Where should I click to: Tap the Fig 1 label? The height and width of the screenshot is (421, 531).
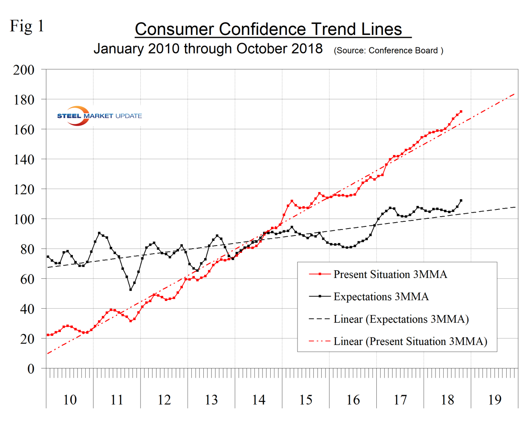click(27, 26)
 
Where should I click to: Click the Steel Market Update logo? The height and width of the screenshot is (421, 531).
click(99, 116)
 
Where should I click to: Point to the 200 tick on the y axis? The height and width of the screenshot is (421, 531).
click(24, 70)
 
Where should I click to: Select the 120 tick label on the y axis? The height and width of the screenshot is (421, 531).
click(24, 189)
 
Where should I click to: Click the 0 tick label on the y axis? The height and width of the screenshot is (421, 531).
click(31, 369)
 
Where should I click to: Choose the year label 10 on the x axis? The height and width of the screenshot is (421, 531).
click(70, 400)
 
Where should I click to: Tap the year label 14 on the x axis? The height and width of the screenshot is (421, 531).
click(258, 400)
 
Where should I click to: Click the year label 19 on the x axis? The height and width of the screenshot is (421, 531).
click(494, 400)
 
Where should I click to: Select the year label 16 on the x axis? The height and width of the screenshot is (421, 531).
click(353, 400)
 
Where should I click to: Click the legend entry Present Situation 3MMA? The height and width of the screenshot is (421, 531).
click(390, 275)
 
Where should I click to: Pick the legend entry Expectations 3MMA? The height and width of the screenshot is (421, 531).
click(381, 297)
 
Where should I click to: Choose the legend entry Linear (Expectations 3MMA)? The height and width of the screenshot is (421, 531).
click(401, 319)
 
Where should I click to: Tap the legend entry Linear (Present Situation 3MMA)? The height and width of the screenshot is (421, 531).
click(410, 341)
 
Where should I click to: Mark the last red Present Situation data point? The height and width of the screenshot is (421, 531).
click(461, 112)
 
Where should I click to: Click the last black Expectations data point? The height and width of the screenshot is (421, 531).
click(461, 200)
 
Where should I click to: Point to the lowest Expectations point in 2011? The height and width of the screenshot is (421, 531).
click(130, 289)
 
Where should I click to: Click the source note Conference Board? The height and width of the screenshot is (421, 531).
click(388, 51)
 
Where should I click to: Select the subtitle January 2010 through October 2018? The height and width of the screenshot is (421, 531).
click(208, 49)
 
